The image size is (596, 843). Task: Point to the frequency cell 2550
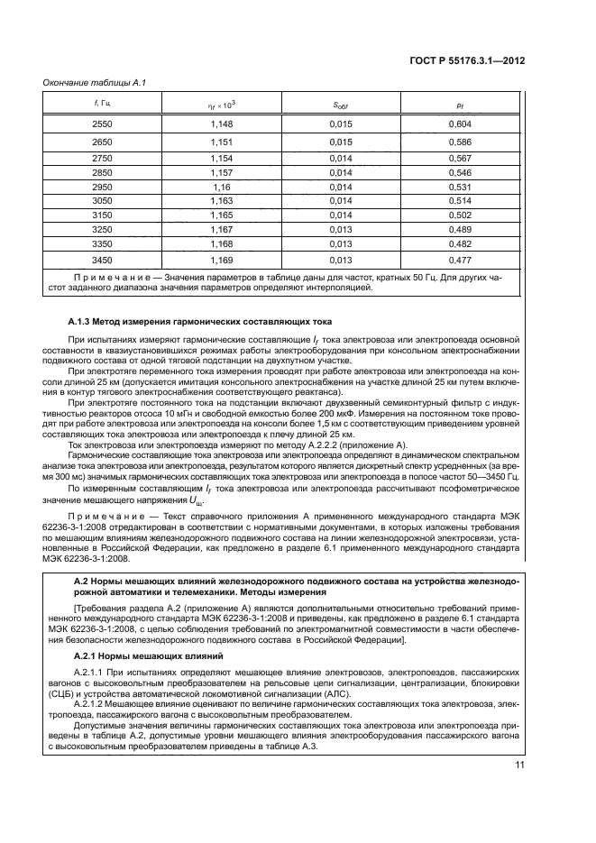[102, 123]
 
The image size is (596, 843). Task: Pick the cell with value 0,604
[460, 123]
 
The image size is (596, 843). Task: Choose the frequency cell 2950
[102, 186]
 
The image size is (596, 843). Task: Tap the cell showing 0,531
[460, 186]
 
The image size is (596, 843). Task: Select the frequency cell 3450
[102, 261]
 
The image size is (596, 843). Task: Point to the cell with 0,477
[460, 261]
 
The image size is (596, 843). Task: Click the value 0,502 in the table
[460, 215]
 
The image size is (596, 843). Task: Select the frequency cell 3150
[102, 215]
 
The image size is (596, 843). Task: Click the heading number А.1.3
[84, 321]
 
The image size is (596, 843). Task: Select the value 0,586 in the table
[460, 142]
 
